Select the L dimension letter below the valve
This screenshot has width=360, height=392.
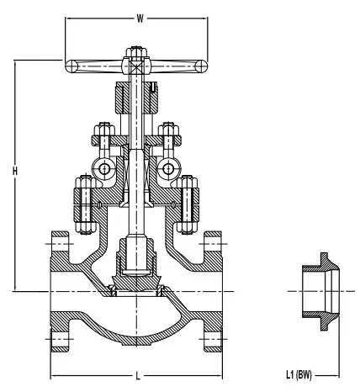136,371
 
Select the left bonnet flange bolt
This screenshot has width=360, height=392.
82,204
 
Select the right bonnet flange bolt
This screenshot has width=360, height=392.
188,204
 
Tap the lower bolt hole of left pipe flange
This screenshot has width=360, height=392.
59,338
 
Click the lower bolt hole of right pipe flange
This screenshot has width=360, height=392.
211,338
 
